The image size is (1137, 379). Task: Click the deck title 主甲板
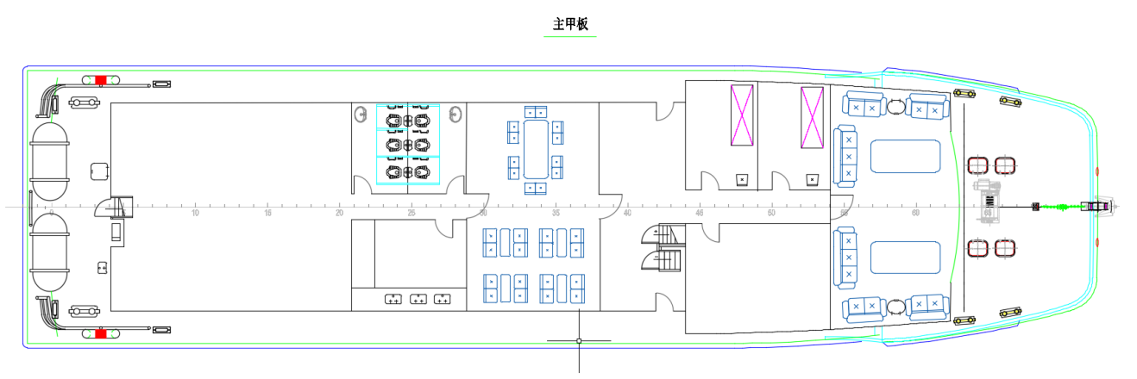coord(570,23)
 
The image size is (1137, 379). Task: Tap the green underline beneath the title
coord(570,36)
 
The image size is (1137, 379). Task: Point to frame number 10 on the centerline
coord(196,213)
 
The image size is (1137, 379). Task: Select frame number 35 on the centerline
coord(556,213)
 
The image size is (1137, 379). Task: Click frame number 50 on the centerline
coord(770,213)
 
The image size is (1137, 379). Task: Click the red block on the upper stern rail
coord(101,80)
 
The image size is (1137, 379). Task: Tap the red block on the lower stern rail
coord(101,332)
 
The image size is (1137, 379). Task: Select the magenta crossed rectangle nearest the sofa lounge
coord(813,116)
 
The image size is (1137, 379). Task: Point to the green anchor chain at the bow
coord(1056,207)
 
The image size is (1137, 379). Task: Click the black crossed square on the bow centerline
coord(1035,207)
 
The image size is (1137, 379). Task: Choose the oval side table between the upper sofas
coord(897,108)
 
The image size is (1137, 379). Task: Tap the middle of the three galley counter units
coord(418,299)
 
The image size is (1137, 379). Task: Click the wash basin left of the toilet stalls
coord(361,115)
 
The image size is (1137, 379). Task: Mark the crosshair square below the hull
coord(579,341)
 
